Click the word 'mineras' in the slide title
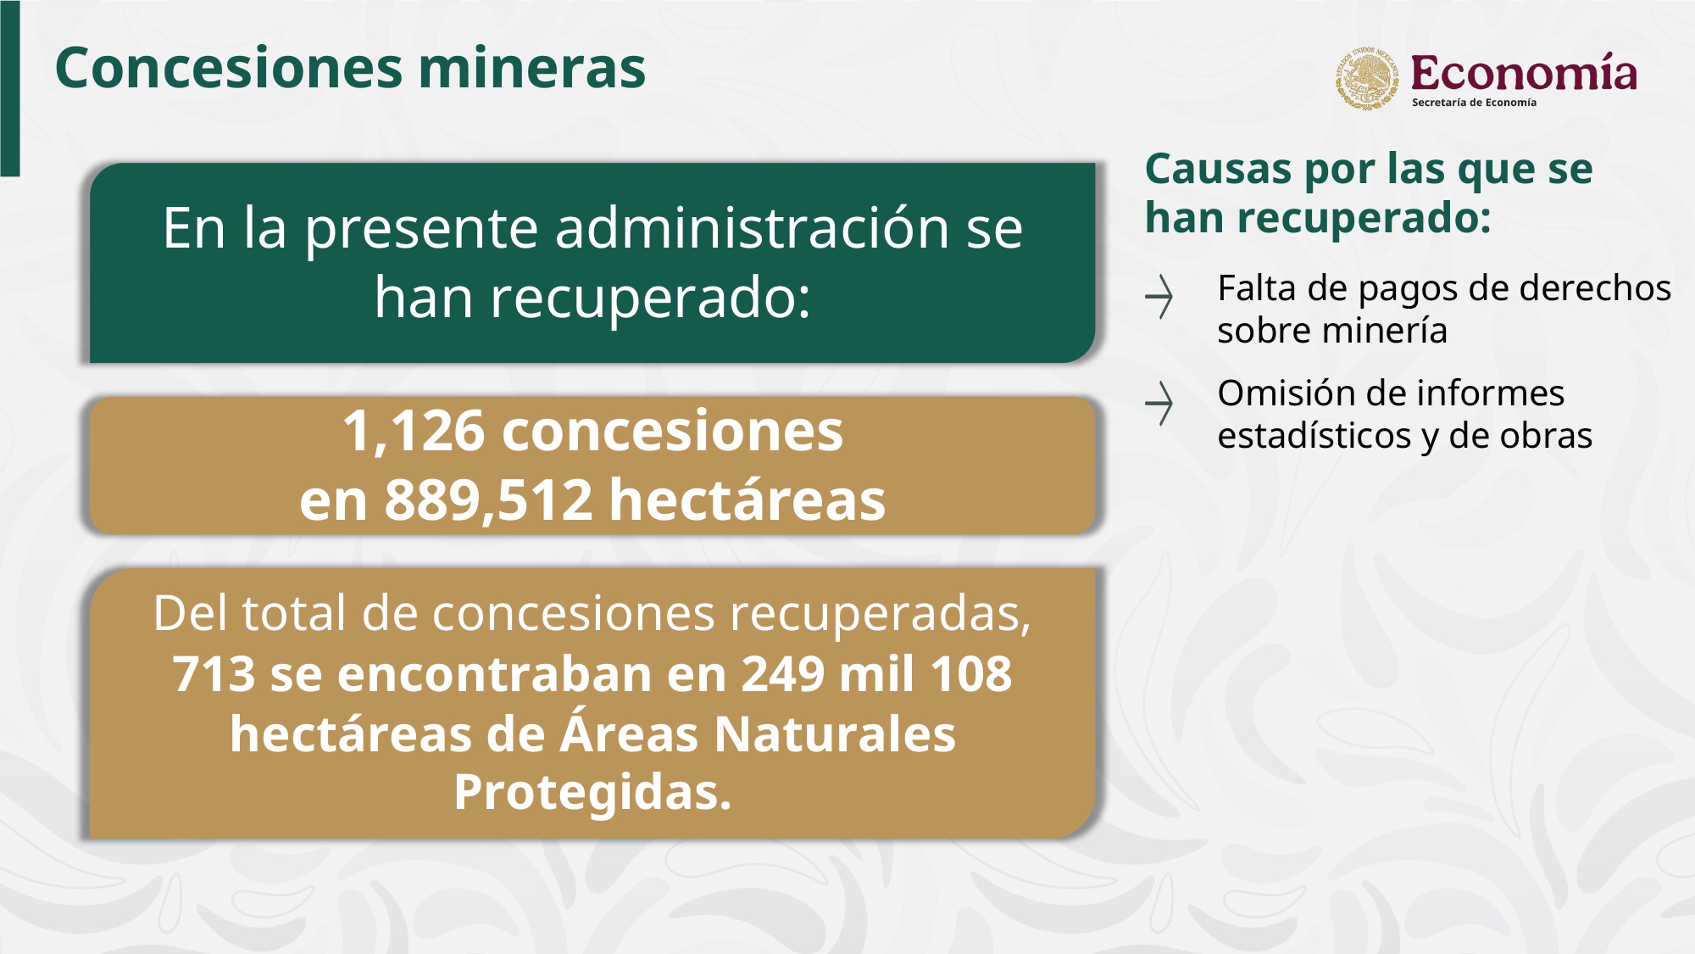coord(532,68)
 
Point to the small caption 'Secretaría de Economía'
coord(1474,103)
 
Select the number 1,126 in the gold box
coord(414,432)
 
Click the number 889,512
coord(488,499)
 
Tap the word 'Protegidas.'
coord(592,792)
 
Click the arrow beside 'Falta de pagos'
coord(1159,297)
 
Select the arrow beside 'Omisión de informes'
coord(1159,403)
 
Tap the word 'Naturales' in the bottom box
coord(835,734)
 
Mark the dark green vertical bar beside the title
coord(10,88)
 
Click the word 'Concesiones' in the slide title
coord(228,68)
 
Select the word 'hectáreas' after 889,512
coord(747,499)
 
